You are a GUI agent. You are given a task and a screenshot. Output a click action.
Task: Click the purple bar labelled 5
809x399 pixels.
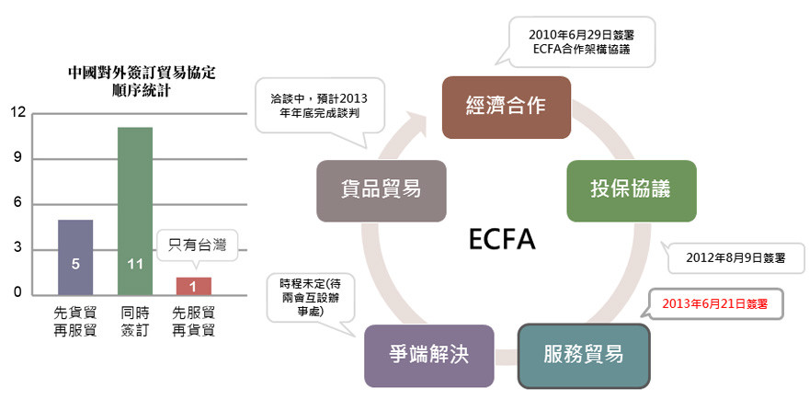click(75, 256)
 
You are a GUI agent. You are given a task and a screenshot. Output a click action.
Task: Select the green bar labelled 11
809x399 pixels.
click(134, 211)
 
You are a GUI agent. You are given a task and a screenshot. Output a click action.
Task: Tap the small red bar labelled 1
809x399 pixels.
click(193, 285)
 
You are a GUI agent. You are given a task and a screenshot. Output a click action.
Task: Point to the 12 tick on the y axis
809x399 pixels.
click(17, 113)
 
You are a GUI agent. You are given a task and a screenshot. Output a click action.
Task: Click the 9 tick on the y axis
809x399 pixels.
click(17, 159)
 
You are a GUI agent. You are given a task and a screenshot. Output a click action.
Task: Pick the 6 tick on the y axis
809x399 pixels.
click(17, 204)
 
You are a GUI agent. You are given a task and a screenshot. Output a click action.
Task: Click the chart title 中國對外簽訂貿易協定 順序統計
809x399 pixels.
click(135, 79)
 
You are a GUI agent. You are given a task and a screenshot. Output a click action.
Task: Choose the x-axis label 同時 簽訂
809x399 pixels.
click(134, 322)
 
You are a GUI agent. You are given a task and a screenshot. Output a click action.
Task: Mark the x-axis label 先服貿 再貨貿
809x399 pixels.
click(194, 322)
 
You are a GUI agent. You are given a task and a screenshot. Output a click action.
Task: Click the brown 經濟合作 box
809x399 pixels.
click(507, 106)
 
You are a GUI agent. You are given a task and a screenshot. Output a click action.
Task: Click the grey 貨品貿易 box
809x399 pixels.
click(382, 190)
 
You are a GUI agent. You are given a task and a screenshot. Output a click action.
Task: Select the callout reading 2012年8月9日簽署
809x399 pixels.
click(735, 258)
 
